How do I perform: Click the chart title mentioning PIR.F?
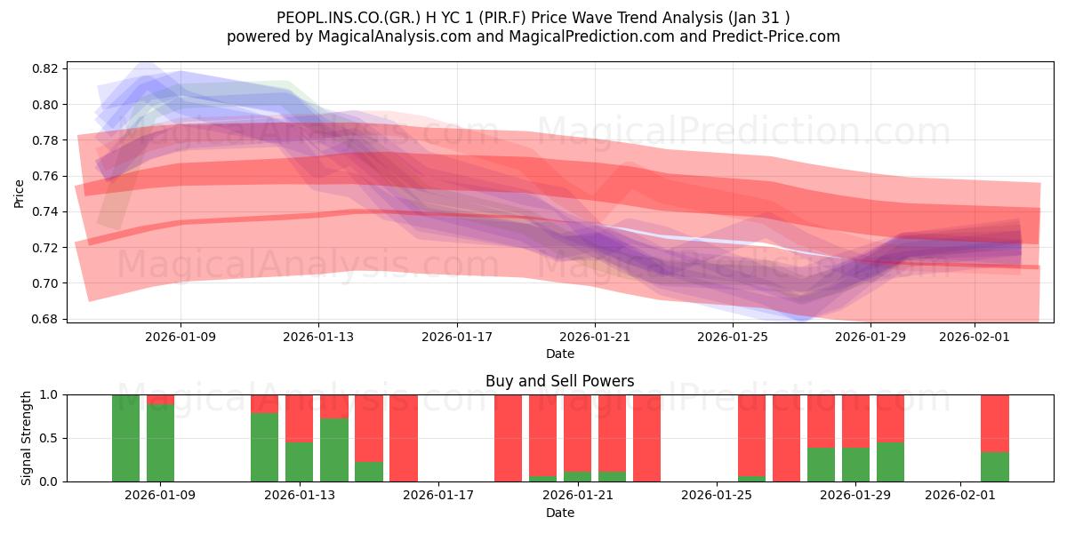533,17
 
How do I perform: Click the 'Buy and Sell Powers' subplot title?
559,381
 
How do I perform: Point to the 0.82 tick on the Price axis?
47,68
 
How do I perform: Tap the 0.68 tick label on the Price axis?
47,319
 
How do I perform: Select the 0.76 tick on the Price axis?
47,176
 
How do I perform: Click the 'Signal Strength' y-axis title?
27,438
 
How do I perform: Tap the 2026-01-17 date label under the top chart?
457,338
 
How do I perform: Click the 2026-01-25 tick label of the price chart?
733,338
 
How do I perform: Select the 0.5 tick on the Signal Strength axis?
50,438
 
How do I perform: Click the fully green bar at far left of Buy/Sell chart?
125,438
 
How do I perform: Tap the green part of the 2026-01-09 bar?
160,444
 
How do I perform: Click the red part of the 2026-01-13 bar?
299,418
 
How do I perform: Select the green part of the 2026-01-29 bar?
855,465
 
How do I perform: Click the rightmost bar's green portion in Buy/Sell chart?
994,467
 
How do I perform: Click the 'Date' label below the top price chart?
559,354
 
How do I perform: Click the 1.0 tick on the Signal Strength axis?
50,394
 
